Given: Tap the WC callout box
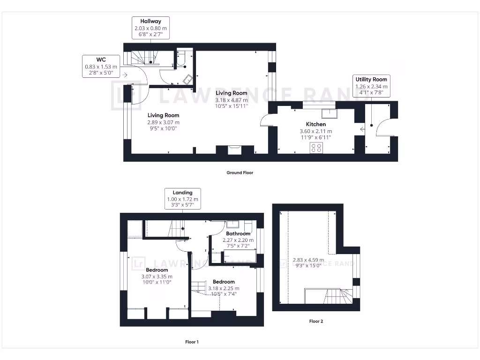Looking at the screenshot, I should click(x=101, y=67).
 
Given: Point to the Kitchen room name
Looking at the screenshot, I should click(x=316, y=124).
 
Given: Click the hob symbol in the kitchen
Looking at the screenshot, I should click(x=316, y=148).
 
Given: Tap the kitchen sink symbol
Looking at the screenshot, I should click(x=330, y=113).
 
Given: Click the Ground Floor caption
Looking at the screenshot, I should click(x=240, y=172).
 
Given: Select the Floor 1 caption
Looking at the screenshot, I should click(x=192, y=342).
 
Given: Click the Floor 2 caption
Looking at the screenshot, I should click(x=316, y=322).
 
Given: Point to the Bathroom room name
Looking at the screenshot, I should click(x=238, y=233).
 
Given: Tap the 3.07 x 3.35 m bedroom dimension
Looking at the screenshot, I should click(x=157, y=277).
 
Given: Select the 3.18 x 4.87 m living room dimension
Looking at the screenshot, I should click(x=231, y=100).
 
